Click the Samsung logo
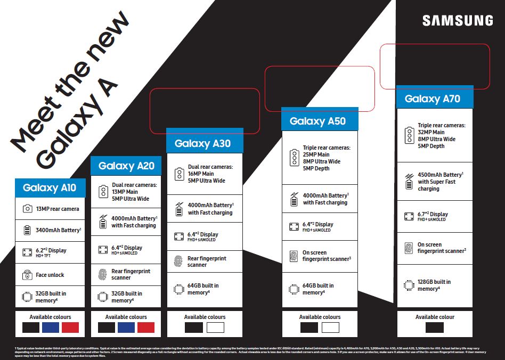[x=458, y=21]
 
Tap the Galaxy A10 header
[x=50, y=187]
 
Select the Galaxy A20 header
[x=126, y=166]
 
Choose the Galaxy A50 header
[x=317, y=121]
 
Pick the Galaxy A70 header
[x=432, y=99]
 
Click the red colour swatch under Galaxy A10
[x=70, y=328]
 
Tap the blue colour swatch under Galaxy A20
[x=126, y=328]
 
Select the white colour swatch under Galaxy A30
[x=216, y=328]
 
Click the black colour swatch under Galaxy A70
[x=435, y=328]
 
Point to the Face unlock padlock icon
[x=27, y=275]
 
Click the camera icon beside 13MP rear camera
[x=27, y=209]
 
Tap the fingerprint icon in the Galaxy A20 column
[x=103, y=274]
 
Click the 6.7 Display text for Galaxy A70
[x=433, y=214]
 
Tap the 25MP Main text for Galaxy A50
[x=316, y=154]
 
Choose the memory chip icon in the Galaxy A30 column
[x=179, y=289]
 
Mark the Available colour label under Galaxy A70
[x=435, y=317]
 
